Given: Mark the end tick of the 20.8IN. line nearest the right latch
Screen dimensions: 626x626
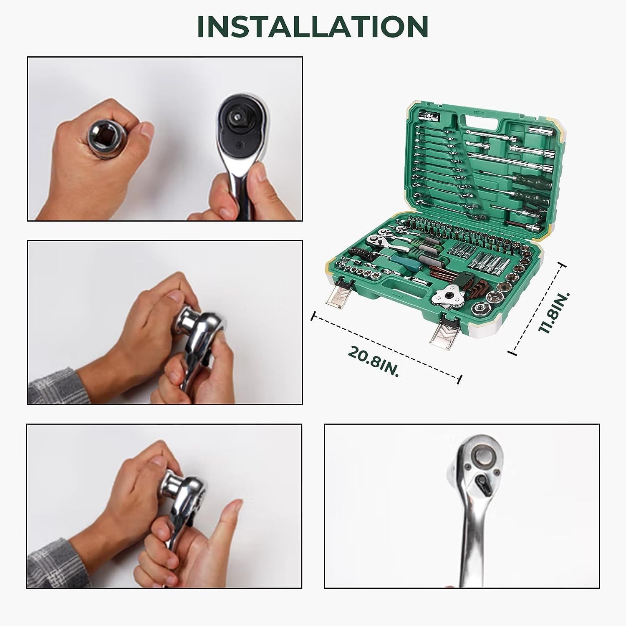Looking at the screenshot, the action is (x=460, y=379).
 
